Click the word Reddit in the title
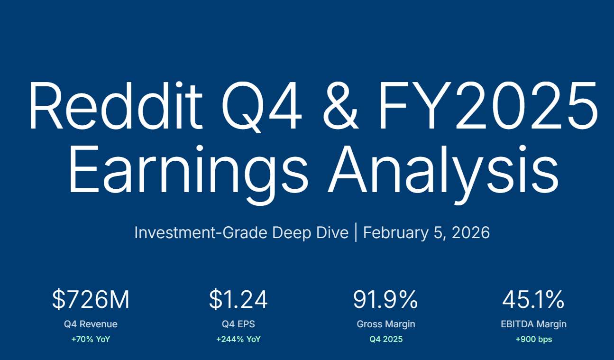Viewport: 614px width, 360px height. (116, 105)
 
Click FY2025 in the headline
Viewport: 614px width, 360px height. (488, 105)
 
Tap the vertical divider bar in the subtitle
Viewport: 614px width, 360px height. (356, 232)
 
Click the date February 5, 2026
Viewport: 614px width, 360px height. (426, 233)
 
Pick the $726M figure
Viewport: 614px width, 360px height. (91, 300)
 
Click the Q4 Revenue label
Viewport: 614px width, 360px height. (91, 324)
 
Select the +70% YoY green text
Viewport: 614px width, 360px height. (91, 339)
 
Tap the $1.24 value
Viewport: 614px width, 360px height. (238, 300)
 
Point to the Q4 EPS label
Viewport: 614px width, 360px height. (238, 324)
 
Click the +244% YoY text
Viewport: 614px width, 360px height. (238, 339)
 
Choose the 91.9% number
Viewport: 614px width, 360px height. (385, 300)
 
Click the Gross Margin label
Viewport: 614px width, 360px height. (386, 324)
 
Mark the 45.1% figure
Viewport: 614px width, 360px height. (533, 300)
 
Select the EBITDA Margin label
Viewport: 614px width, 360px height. (533, 324)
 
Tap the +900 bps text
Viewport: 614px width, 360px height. (534, 340)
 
